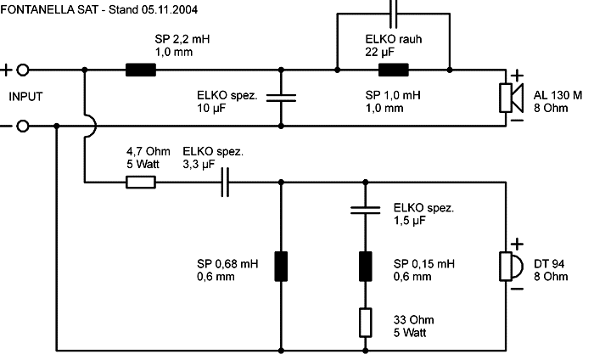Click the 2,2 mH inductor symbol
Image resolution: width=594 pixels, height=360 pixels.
coord(141,70)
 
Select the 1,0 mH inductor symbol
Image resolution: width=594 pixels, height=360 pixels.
coord(394,70)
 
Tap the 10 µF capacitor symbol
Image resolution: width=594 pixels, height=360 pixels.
coord(281,98)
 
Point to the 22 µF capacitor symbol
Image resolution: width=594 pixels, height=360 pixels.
coord(393,14)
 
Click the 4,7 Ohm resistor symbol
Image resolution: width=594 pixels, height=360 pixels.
coord(141,183)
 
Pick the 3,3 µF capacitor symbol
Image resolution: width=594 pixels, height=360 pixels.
coord(225,183)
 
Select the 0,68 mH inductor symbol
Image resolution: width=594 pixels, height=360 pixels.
coord(281,267)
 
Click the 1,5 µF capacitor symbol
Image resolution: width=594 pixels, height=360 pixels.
coord(365,211)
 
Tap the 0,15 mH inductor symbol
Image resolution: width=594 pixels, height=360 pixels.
coord(365,267)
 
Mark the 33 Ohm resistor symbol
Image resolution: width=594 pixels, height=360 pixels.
coord(365,323)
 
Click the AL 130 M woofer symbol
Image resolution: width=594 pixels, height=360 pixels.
coord(512,98)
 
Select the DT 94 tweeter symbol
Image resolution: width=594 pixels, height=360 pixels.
coord(512,267)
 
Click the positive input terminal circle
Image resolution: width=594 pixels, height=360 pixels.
coord(23,70)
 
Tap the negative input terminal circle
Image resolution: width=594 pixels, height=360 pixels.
coord(23,127)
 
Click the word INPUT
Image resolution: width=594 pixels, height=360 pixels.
coord(25,97)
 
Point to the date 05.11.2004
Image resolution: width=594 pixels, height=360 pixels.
coord(170,9)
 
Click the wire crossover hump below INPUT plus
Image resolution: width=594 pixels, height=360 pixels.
coord(93,127)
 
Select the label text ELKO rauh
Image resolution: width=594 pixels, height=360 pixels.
coord(394,39)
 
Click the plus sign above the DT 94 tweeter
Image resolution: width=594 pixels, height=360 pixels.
coord(518,244)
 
